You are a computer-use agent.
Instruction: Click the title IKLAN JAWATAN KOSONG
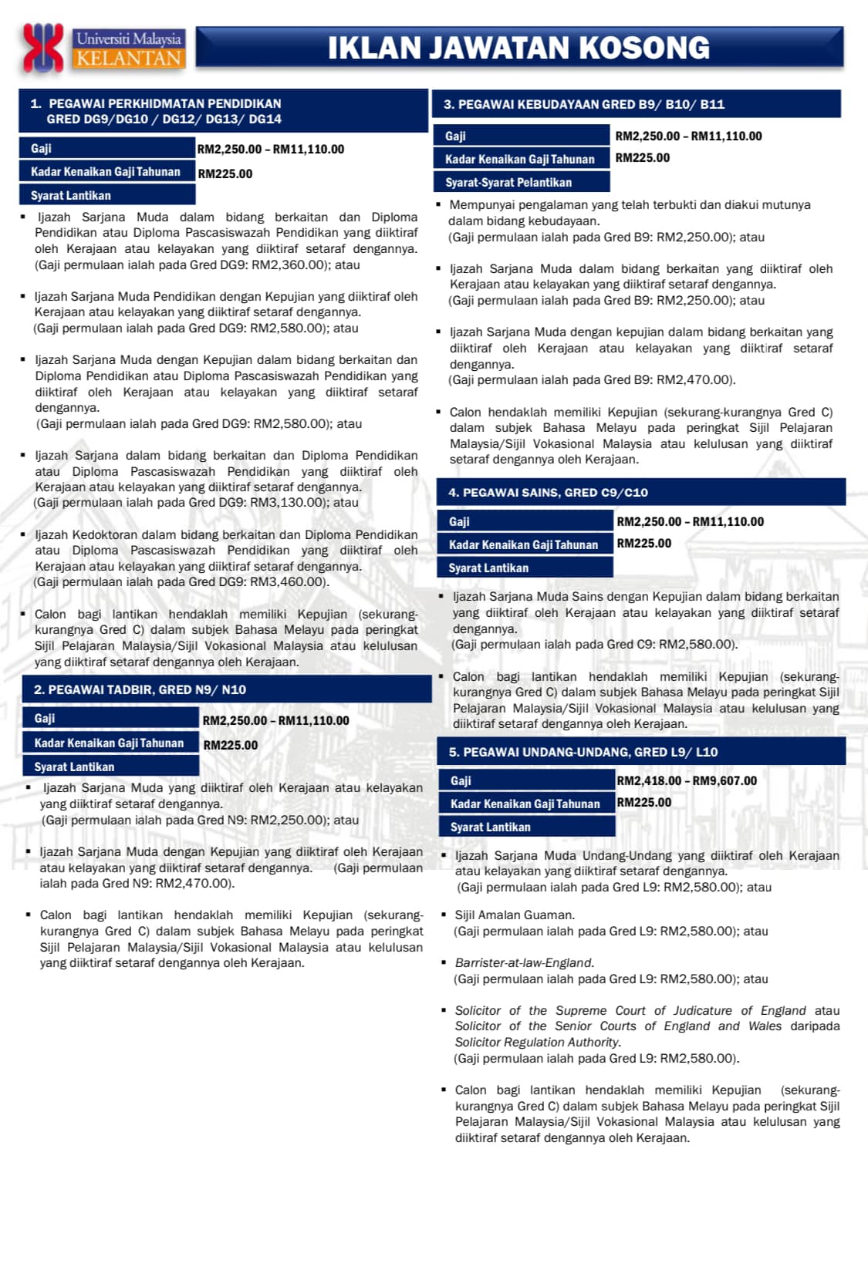[x=518, y=48]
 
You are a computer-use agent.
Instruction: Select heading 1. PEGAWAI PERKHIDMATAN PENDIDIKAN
[x=164, y=103]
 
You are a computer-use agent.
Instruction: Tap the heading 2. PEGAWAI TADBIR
[x=140, y=689]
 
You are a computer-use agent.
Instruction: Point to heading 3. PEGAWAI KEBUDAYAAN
[x=584, y=104]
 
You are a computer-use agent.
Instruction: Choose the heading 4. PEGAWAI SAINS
[x=548, y=492]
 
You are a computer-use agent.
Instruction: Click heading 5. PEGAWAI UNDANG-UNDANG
[x=583, y=752]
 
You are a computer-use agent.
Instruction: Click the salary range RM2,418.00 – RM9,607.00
[x=687, y=780]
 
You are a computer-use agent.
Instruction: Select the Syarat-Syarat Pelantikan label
[x=508, y=183]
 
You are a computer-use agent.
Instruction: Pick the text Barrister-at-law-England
[x=524, y=962]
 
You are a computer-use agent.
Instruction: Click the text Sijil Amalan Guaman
[x=515, y=915]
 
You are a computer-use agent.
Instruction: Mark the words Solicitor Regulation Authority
[x=537, y=1042]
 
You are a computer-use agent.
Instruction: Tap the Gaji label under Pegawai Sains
[x=459, y=521]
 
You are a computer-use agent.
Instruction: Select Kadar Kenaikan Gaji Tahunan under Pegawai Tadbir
[x=109, y=743]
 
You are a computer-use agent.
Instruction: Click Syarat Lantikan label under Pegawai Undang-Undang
[x=491, y=827]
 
